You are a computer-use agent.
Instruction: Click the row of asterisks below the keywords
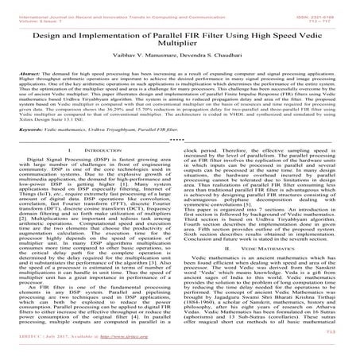click(x=180, y=157)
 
